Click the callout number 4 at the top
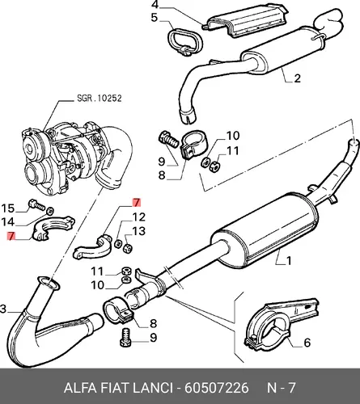coord(155,5)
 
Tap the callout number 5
coord(154,18)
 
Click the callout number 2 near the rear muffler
coord(297,78)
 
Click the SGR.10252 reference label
coord(100,98)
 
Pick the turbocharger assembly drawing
coord(77,158)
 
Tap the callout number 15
coord(7,208)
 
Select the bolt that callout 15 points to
coord(36,205)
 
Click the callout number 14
coord(7,222)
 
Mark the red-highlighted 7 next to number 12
coord(137,203)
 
